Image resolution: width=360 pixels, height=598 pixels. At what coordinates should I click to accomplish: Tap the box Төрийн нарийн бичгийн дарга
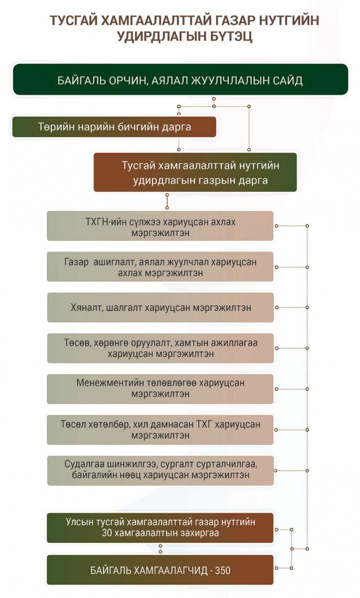(x=114, y=127)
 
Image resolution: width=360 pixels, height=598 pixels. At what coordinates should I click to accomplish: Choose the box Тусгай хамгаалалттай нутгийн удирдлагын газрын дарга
(x=195, y=172)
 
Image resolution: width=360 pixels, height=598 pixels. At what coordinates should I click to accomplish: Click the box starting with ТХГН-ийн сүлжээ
(x=160, y=226)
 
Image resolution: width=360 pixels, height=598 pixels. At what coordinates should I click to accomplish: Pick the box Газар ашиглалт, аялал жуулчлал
(x=160, y=267)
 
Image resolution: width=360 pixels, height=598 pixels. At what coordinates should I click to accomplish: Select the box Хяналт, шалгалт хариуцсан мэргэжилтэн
(x=160, y=307)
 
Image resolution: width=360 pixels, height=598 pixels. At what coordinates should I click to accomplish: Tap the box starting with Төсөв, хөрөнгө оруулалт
(x=160, y=348)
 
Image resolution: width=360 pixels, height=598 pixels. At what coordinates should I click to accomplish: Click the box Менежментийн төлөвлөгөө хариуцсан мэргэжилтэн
(x=160, y=389)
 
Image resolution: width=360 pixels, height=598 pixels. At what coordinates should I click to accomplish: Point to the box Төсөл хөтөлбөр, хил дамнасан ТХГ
(x=160, y=430)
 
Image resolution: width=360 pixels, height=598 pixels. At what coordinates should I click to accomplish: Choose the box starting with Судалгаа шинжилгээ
(x=160, y=470)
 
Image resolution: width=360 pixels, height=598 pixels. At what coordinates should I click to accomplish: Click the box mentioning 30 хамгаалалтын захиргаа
(x=160, y=528)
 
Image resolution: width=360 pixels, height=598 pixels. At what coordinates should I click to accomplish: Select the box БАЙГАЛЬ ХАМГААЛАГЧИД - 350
(x=160, y=570)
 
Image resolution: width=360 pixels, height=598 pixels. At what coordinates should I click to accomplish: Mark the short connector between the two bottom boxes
(x=160, y=549)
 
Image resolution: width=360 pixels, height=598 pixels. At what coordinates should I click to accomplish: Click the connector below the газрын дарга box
(x=167, y=201)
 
